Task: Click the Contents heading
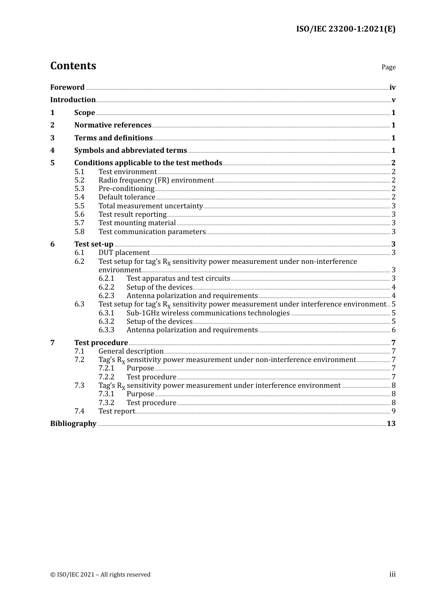pos(73,66)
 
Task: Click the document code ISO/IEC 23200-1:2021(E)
pos(346,29)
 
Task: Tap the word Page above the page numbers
pos(388,67)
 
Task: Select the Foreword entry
pos(67,88)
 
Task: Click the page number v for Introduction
pos(393,100)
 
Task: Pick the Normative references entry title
pos(113,125)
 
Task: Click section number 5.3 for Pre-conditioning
pos(79,189)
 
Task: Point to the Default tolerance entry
pos(127,197)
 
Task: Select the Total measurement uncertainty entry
pos(151,206)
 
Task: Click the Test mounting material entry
pos(137,223)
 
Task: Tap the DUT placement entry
pos(124,253)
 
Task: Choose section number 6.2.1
pos(106,279)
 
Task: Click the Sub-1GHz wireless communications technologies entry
pos(208,313)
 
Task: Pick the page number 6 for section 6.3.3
pos(394,330)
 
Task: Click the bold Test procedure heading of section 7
pos(101,343)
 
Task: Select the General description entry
pos(131,351)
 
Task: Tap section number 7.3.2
pos(106,403)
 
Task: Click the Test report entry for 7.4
pos(116,411)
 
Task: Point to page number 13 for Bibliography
pos(391,424)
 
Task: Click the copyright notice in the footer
pos(100,575)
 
